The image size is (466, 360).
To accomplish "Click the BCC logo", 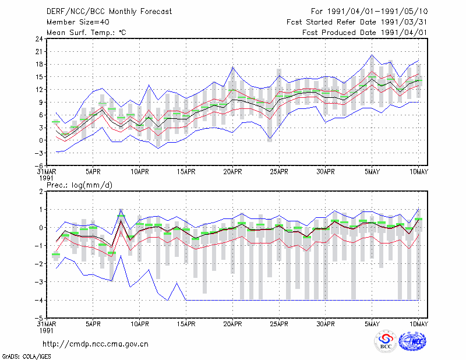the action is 386,341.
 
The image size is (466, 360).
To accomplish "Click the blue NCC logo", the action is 412,341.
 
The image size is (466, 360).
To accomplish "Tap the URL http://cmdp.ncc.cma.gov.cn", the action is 96,344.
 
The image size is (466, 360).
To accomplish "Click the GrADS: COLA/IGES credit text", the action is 26,357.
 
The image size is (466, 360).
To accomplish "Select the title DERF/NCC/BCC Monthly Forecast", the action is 109,12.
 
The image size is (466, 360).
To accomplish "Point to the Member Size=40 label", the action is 78,22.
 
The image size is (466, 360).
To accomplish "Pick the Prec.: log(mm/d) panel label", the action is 79,185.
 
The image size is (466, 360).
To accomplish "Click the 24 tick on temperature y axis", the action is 39,39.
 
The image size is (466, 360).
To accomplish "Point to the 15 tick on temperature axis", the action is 39,77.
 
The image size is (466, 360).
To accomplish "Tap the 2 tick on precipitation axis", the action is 41,192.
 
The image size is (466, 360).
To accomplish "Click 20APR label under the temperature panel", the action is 232,172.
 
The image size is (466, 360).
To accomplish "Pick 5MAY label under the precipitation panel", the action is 372,324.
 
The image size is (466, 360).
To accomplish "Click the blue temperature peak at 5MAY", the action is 372,55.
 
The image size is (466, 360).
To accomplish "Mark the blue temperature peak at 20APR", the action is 232,68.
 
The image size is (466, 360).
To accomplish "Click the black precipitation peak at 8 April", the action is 121,221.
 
